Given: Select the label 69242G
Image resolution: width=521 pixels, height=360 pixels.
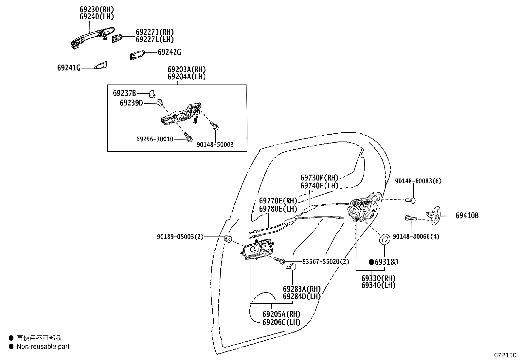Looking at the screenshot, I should (x=169, y=52).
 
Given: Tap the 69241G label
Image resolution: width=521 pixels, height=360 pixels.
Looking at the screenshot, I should (x=69, y=68).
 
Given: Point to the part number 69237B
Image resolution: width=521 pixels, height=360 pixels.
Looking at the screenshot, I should (x=124, y=93).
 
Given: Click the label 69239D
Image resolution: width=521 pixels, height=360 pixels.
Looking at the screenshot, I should (x=131, y=103).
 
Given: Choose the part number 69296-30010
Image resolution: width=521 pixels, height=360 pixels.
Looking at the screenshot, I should (x=155, y=139).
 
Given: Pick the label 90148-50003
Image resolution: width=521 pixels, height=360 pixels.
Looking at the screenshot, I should (x=215, y=144).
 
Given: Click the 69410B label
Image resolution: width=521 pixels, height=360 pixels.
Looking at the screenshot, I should (x=467, y=216).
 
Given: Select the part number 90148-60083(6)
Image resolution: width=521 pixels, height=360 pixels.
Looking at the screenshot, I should (x=418, y=181).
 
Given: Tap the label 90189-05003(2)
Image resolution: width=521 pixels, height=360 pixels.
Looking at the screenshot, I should (x=180, y=236).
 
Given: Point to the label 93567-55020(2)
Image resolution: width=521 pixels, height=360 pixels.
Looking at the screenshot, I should (x=326, y=261).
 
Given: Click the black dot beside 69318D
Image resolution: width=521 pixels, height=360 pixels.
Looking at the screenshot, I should (x=371, y=262).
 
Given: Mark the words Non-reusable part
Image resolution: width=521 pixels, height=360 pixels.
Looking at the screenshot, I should (x=43, y=346).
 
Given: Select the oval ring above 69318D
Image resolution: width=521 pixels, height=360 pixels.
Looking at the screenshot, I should (x=384, y=239).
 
